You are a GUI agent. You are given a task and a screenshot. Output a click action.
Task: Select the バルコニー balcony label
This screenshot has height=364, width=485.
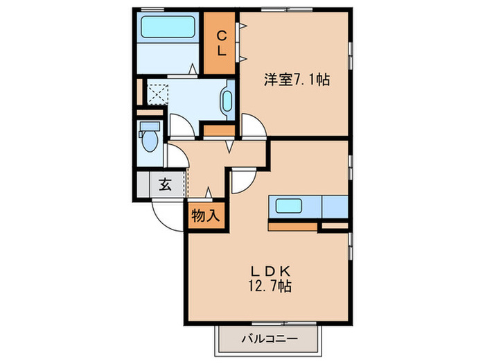point(270,340)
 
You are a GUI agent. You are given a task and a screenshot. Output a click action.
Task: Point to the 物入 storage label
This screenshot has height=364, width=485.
point(205,215)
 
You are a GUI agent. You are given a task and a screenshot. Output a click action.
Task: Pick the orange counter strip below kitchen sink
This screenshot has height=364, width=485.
point(292,226)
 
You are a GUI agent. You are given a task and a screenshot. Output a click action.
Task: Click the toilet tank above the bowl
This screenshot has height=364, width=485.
point(149,127)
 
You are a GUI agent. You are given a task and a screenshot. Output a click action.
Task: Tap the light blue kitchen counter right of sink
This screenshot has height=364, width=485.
point(335,207)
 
